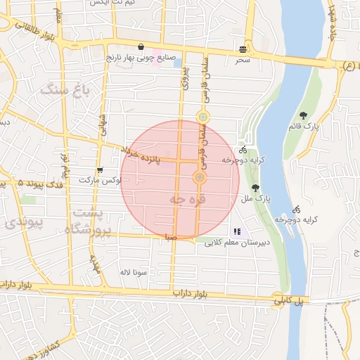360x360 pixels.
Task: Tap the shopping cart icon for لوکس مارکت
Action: click(100, 170)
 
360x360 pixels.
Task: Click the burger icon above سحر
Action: click(243, 50)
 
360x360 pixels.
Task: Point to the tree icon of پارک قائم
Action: click(303, 115)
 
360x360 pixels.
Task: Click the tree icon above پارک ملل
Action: click(254, 188)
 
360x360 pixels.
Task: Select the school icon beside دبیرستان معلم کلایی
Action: click(237, 231)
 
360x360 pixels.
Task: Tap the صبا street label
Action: click(170, 238)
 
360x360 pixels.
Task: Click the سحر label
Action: click(243, 61)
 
